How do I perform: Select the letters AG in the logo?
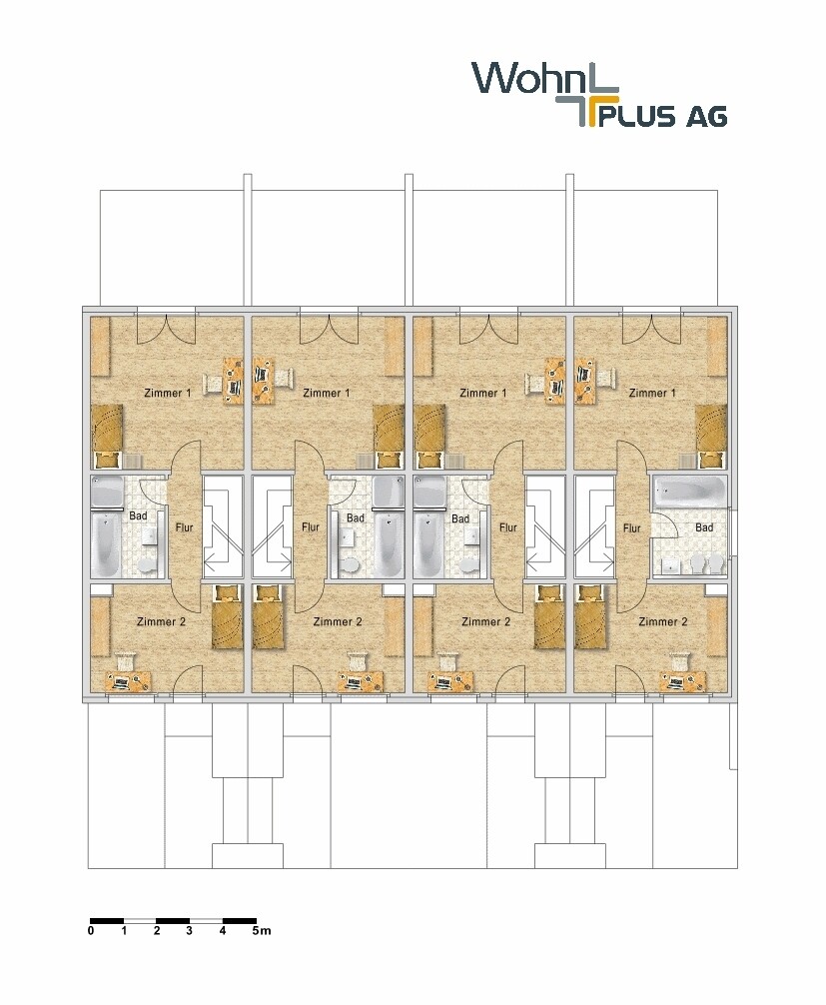pos(704,117)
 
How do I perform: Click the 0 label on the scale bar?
pos(91,931)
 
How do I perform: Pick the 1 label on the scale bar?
pos(124,931)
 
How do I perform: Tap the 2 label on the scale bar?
pos(157,931)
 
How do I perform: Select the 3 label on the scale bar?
pos(190,931)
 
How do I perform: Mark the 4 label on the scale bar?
pos(223,931)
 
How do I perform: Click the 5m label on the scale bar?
pos(261,931)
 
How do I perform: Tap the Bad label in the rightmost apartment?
pos(704,527)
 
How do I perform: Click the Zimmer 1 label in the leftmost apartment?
pos(167,394)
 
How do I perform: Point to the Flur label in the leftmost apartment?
pos(184,527)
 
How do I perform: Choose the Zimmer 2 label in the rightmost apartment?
pos(663,622)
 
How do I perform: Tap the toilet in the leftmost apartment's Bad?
pos(149,565)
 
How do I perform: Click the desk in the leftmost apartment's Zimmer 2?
pos(129,682)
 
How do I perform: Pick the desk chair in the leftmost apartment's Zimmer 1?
pos(213,381)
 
